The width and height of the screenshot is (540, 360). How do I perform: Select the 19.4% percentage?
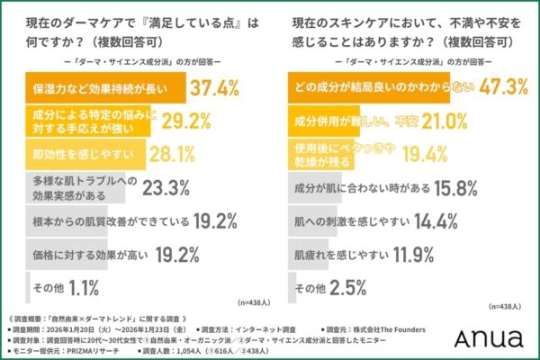425,154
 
